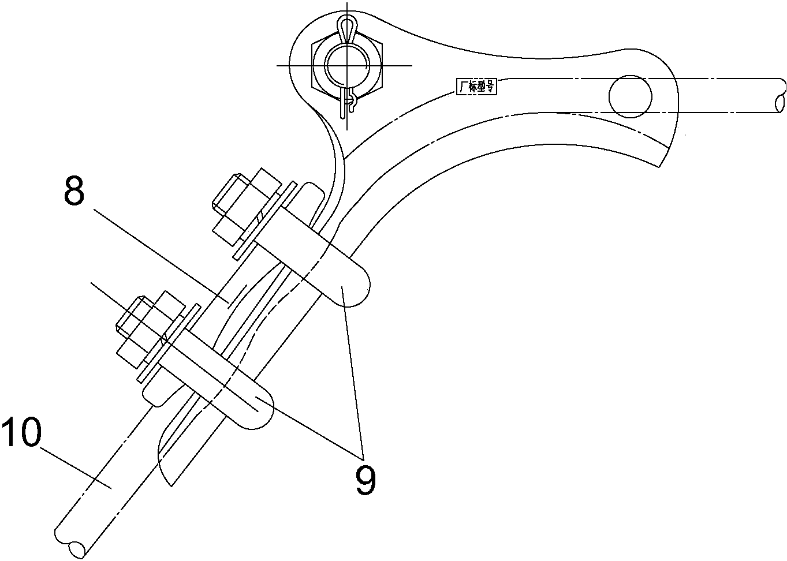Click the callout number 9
[x=365, y=480]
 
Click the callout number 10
[x=22, y=432]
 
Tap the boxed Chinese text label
[x=476, y=87]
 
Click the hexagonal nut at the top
[x=347, y=66]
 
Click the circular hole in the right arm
[x=631, y=96]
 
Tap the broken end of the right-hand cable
[x=781, y=99]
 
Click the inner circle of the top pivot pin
[x=347, y=66]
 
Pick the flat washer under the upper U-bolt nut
[x=265, y=221]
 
